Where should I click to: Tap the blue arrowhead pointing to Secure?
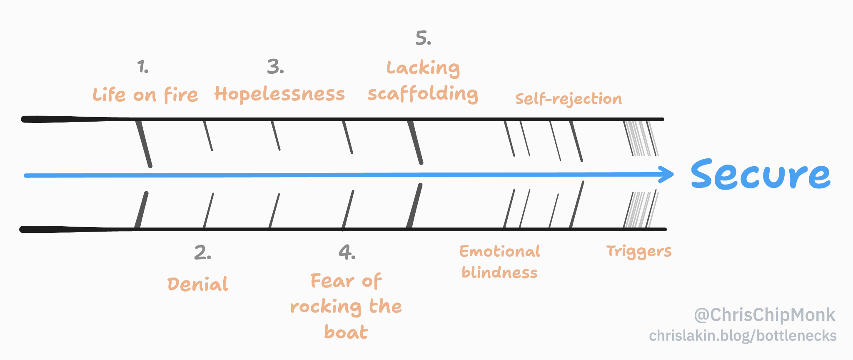pos(668,174)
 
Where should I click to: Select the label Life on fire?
pos(145,95)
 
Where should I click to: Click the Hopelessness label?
pos(279,94)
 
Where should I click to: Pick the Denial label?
pos(197,284)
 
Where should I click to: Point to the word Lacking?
pos(423,68)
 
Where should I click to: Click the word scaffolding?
pos(423,94)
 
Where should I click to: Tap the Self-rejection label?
pos(569,99)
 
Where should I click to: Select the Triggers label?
pos(639,252)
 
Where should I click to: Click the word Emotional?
pos(500,252)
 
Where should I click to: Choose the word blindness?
pos(500,272)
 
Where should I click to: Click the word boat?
pos(346,332)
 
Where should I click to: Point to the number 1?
pos(143,67)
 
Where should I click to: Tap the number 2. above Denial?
pos(202,252)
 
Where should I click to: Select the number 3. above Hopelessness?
pos(275,67)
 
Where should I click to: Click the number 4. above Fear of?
pos(347,252)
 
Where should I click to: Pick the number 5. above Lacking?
pos(423,38)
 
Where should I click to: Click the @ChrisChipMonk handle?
pos(764,315)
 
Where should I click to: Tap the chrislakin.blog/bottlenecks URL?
pos(743,336)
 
